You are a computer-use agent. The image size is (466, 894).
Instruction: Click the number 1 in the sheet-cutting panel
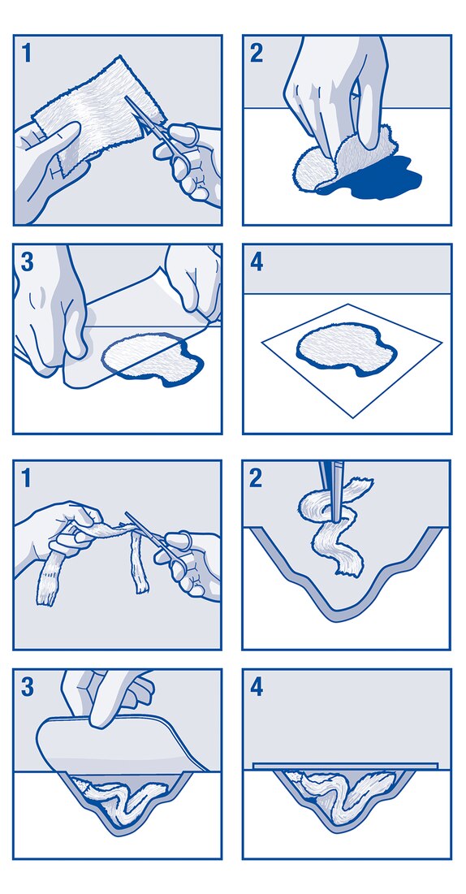click(x=26, y=53)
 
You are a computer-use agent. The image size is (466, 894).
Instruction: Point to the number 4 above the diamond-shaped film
click(x=257, y=263)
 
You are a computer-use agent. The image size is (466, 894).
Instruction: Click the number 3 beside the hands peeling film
click(x=27, y=262)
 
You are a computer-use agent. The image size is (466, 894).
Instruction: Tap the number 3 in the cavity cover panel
click(x=27, y=688)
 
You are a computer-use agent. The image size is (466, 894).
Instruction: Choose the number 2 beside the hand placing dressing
click(x=257, y=53)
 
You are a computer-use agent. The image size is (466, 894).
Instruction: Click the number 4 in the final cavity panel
click(x=257, y=688)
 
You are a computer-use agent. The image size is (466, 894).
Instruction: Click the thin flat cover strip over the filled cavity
click(x=345, y=766)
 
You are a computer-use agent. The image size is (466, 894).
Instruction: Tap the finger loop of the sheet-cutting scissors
click(x=191, y=135)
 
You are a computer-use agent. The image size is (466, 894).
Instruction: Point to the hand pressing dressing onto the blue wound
click(x=337, y=91)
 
